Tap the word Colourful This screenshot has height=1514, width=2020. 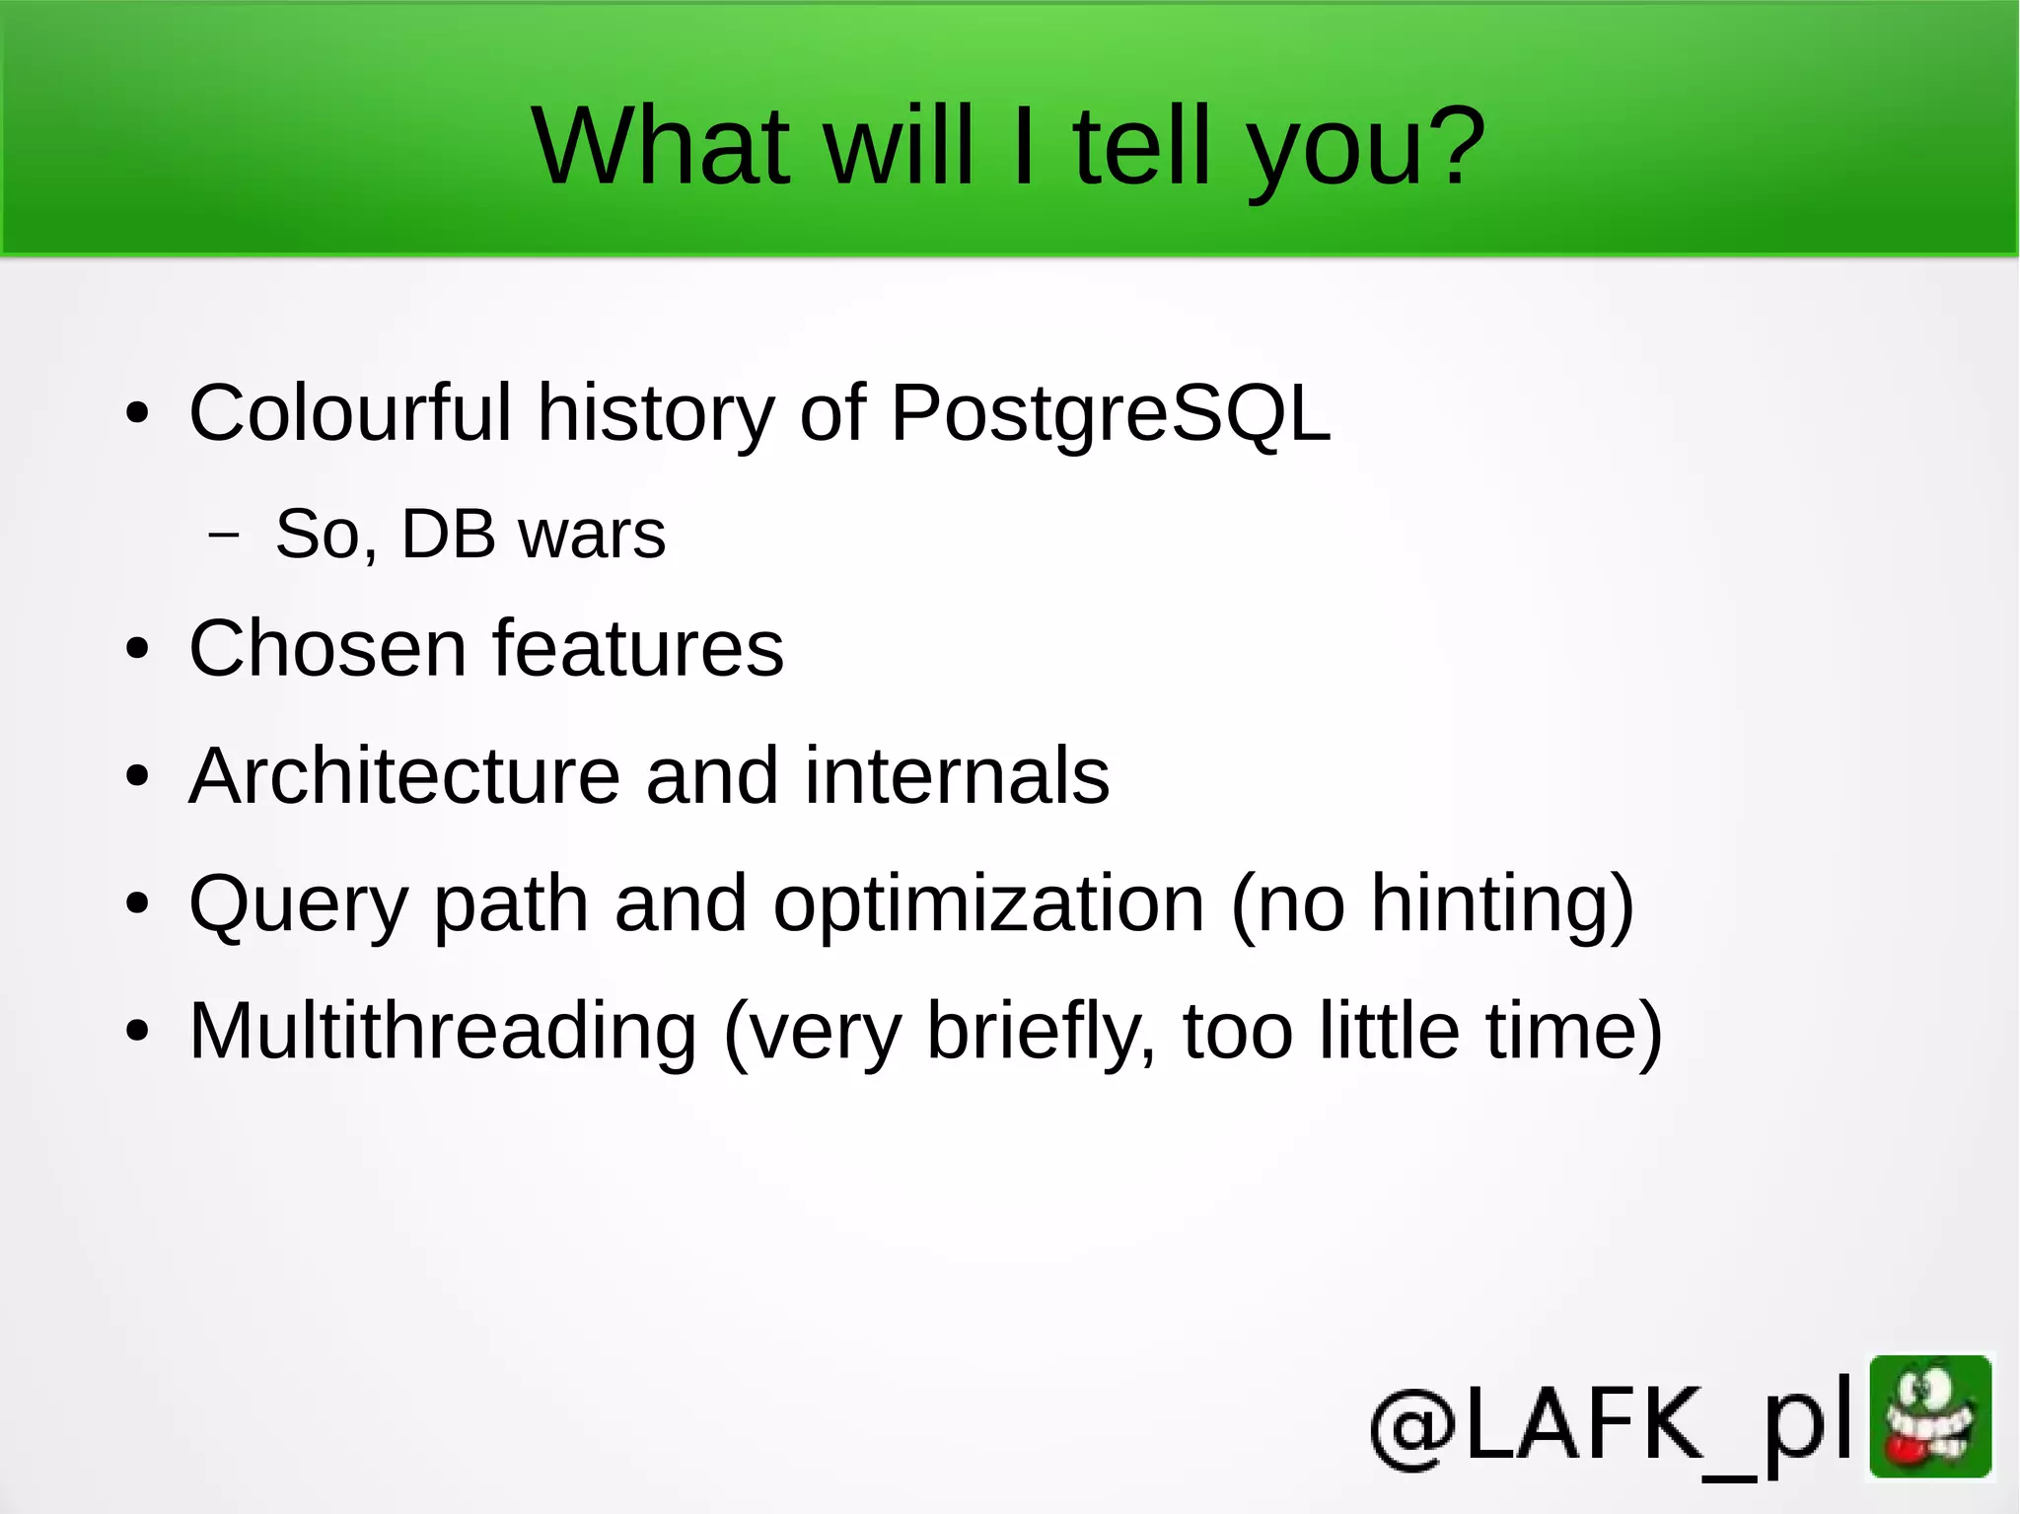pos(350,412)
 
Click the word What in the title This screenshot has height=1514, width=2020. pos(660,146)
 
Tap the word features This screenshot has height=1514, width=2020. pos(638,648)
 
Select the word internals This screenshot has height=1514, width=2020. pos(957,775)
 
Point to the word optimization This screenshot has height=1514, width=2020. pos(988,905)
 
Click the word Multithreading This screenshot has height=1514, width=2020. pos(443,1031)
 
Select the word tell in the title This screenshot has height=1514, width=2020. pos(1142,146)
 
